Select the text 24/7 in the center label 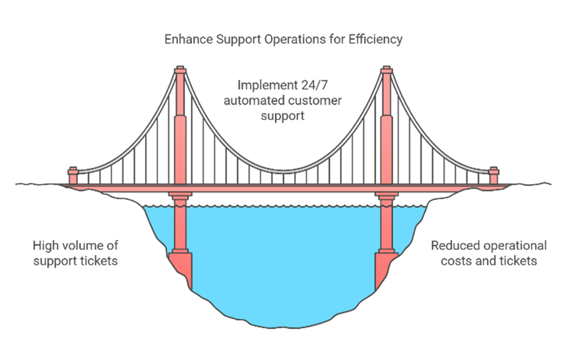coord(312,86)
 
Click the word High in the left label coord(44,246)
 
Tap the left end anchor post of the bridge coord(73,174)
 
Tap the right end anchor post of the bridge coord(493,174)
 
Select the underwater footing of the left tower coord(180,263)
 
